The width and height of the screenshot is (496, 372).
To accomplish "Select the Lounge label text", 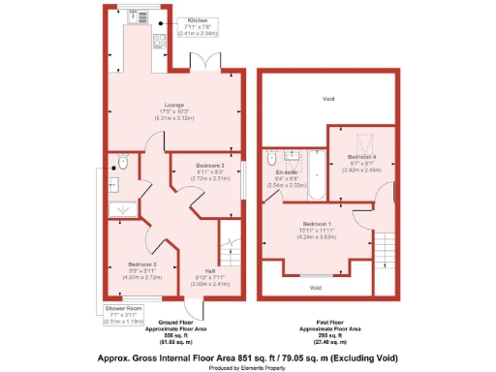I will click(x=148, y=107).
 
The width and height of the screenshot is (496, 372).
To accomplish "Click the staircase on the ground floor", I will click(x=231, y=256).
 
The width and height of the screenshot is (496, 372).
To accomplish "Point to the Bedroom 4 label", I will click(x=360, y=157).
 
